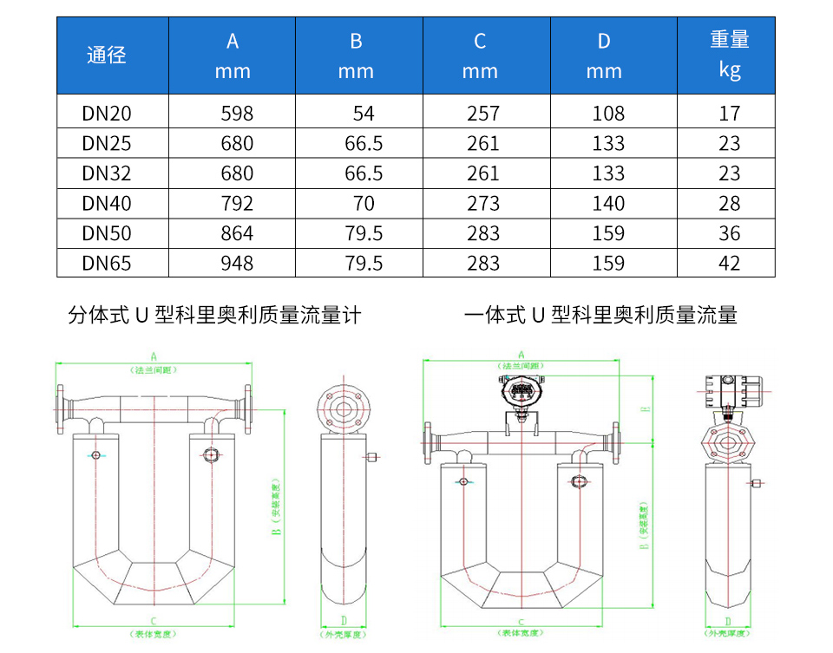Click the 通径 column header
[107, 56]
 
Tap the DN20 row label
[107, 114]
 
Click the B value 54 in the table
[364, 114]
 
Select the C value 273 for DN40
[483, 204]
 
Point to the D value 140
[608, 204]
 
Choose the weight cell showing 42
[730, 263]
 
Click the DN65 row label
[107, 263]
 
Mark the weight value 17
[730, 114]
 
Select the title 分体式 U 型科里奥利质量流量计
[214, 316]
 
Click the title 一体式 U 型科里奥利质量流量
[600, 316]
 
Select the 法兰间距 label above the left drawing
[154, 369]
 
